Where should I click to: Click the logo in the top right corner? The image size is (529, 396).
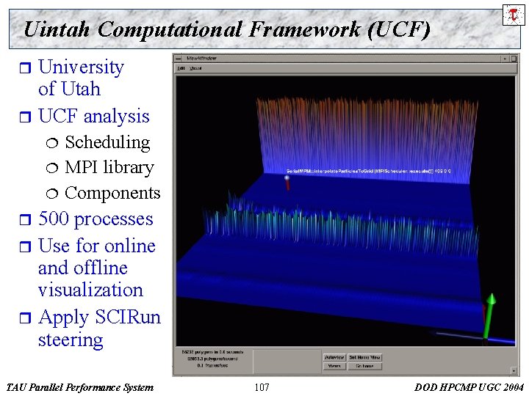coord(513,15)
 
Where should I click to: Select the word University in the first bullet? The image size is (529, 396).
coord(81,67)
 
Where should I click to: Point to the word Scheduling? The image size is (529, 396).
coord(107,142)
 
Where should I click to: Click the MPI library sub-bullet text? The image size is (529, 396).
coord(109,167)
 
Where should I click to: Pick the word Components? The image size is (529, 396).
coord(112,193)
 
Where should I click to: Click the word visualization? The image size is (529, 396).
coord(90,290)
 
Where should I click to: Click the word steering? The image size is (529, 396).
coord(71,340)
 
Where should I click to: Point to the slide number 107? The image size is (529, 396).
coord(261,387)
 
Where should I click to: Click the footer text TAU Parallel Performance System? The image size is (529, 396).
coord(79,387)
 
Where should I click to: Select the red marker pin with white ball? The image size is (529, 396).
coord(288,181)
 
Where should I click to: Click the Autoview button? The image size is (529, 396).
coord(334,357)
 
